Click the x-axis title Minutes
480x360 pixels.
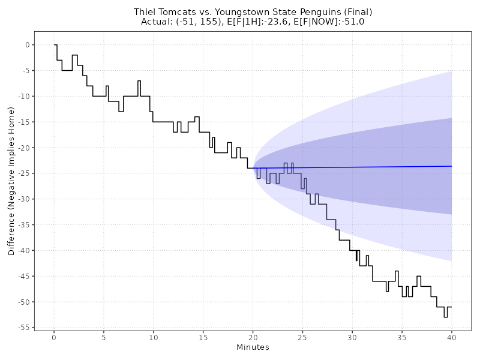[253, 347]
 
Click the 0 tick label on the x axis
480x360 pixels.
[54, 337]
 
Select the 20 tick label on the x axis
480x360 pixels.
[253, 337]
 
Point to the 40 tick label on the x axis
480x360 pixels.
[451, 337]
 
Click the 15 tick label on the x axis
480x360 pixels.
[203, 337]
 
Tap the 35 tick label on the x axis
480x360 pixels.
[401, 337]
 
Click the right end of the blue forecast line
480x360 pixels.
[451, 166]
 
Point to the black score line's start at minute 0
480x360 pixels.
[54, 45]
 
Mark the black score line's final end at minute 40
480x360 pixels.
[451, 307]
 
